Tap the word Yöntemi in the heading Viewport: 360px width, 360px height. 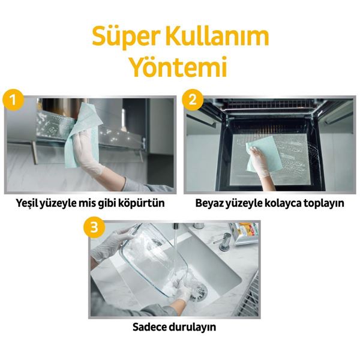pos(180,67)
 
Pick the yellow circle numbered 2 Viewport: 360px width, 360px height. pos(192,99)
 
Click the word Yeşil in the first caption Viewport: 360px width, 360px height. pos(31,203)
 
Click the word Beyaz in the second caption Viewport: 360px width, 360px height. pos(211,203)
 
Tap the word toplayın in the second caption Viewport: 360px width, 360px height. pos(322,203)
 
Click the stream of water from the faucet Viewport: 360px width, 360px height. pos(174,246)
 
